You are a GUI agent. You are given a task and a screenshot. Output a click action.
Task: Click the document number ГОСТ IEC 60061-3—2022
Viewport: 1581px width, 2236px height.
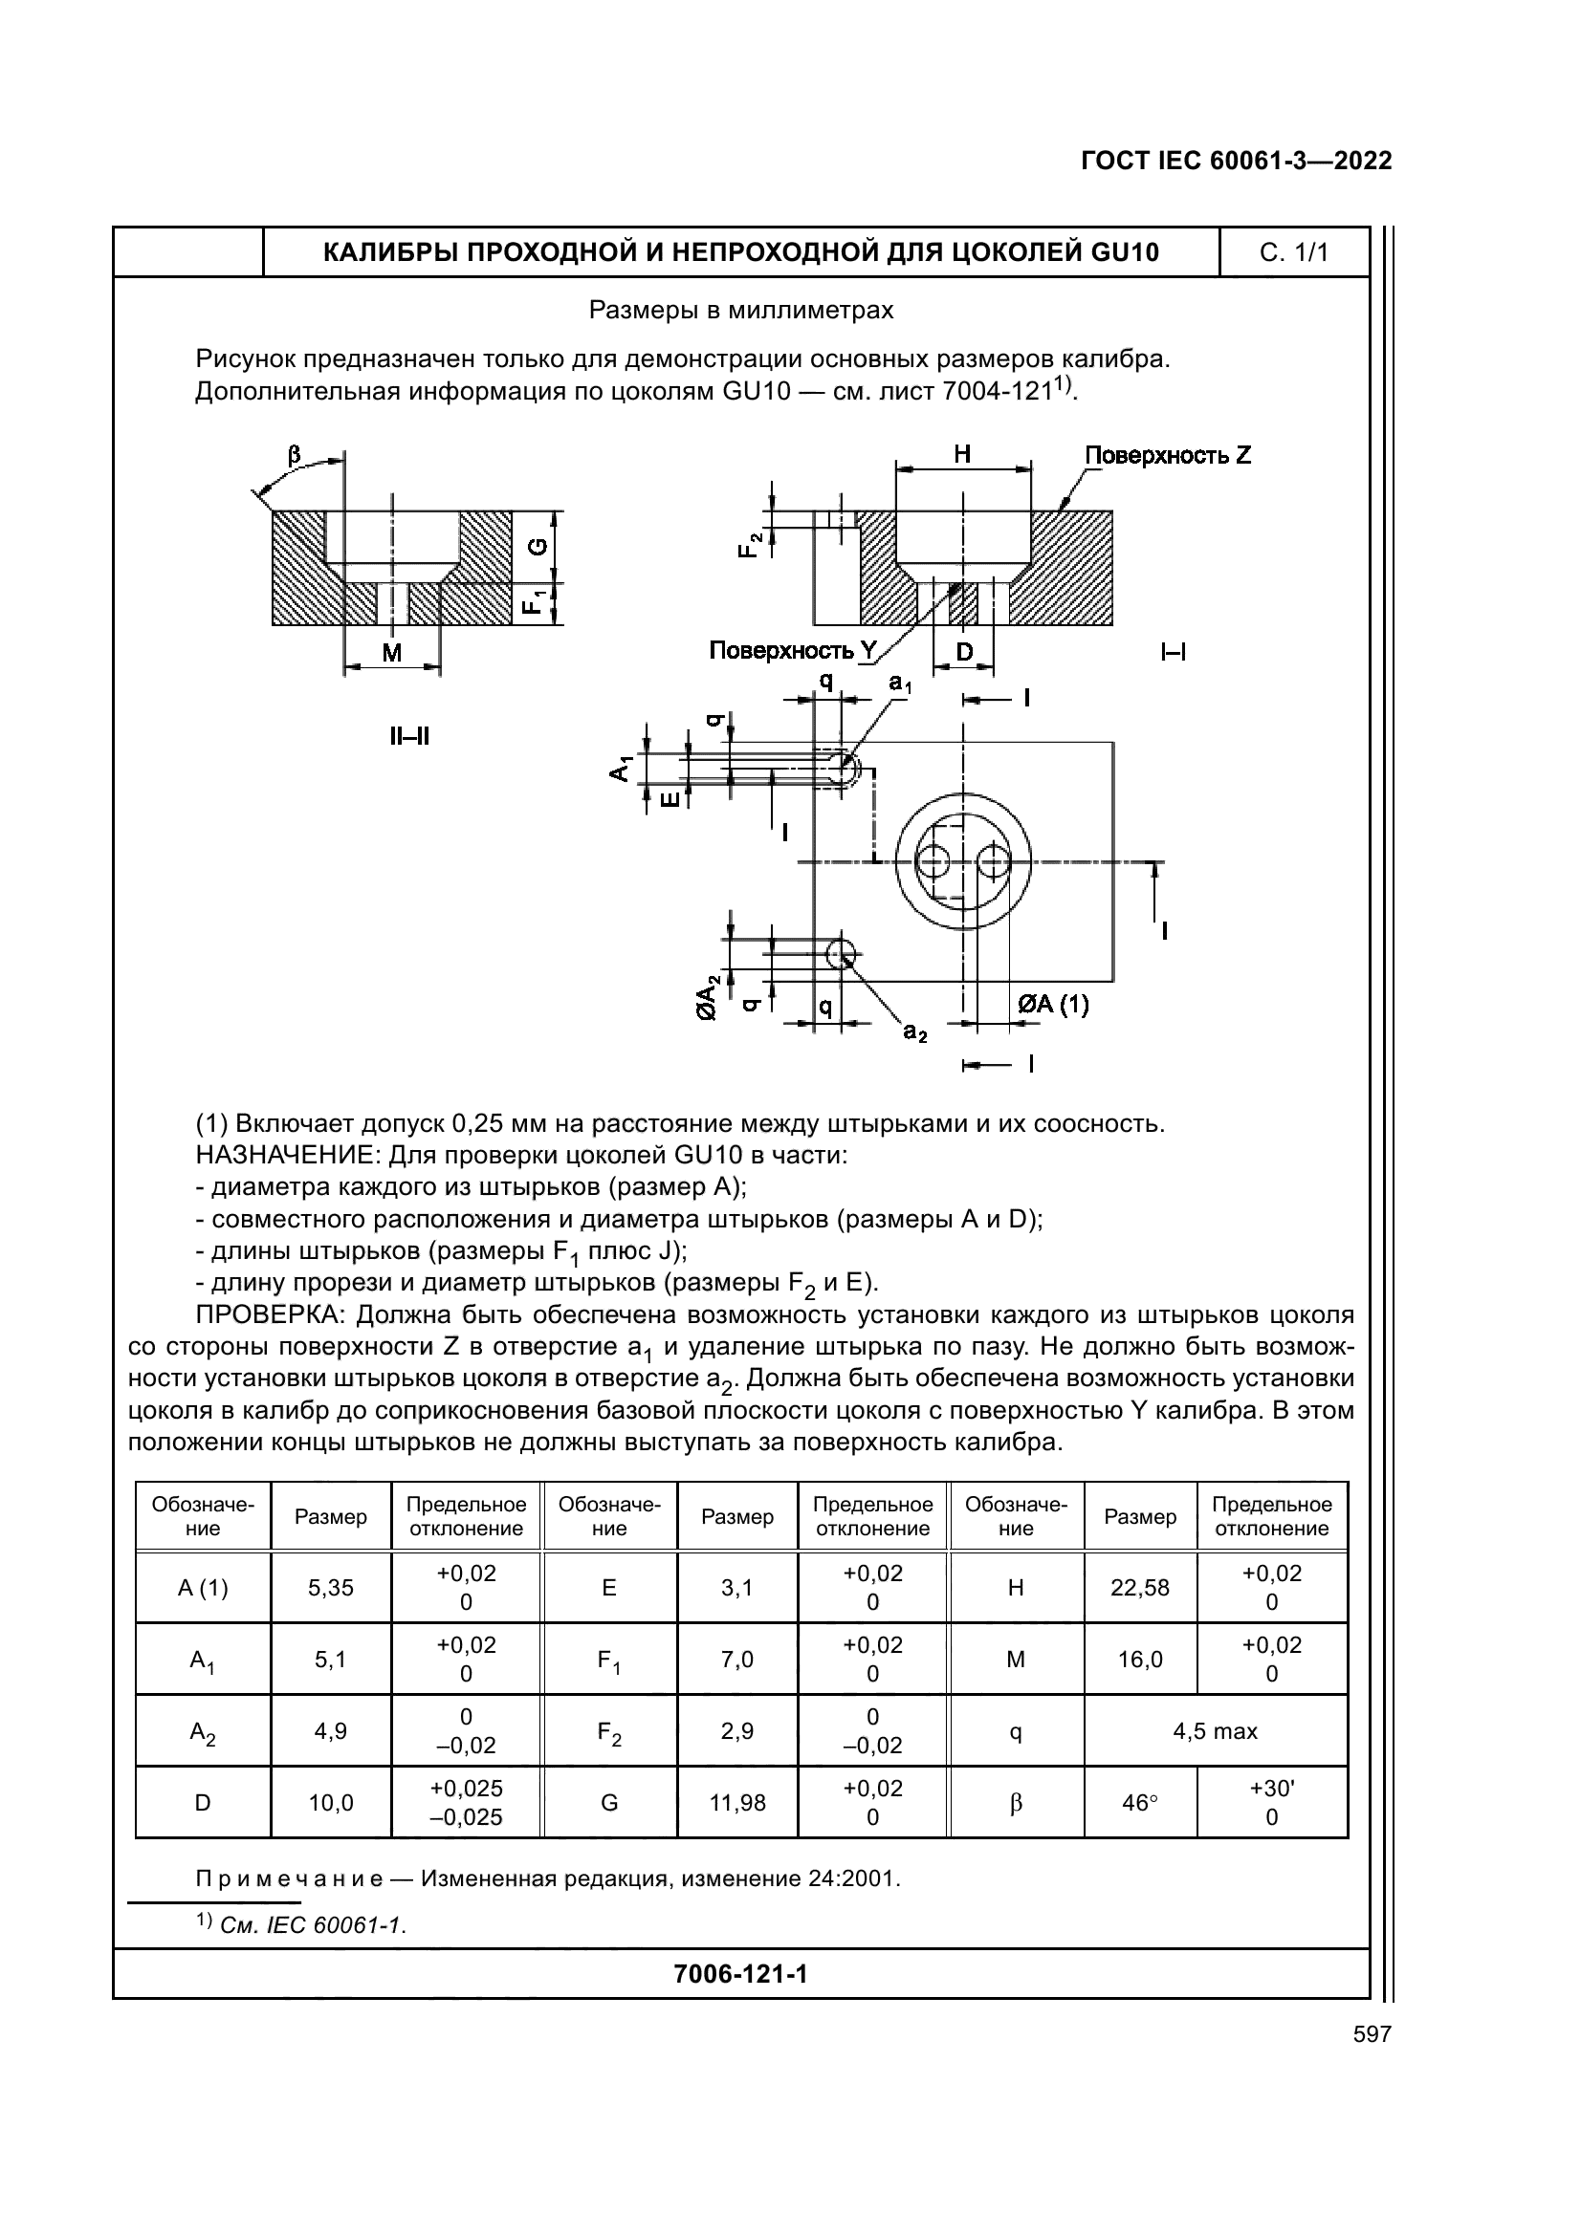click(1235, 161)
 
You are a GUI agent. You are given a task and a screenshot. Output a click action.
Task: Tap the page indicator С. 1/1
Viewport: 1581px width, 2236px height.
click(1294, 252)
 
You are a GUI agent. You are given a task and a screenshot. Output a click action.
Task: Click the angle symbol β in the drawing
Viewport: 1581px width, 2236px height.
click(295, 455)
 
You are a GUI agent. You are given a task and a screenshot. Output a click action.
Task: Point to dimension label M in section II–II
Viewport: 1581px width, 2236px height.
click(391, 653)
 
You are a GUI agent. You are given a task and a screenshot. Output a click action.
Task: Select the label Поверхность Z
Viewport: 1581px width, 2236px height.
click(1167, 455)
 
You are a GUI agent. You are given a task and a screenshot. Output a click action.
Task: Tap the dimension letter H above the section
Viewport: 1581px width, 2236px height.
click(962, 454)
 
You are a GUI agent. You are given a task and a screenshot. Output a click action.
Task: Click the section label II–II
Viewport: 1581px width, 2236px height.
click(409, 736)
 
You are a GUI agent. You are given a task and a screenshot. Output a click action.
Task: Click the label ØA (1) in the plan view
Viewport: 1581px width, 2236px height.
click(1053, 1004)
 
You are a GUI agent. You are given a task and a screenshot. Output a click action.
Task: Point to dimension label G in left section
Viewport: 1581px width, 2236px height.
click(538, 548)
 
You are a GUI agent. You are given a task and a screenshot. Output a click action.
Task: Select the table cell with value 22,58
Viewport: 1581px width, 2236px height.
click(1140, 1588)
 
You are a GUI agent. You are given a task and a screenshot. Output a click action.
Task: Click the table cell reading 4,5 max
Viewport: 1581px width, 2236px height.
click(1215, 1730)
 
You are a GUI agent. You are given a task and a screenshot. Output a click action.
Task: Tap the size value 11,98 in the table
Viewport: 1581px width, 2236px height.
click(737, 1803)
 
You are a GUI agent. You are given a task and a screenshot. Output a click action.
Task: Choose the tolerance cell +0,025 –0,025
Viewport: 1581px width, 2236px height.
click(466, 1803)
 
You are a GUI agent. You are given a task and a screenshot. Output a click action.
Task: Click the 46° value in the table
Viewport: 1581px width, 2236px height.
click(1140, 1803)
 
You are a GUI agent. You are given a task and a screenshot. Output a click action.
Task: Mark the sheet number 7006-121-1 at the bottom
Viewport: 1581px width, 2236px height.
click(740, 1974)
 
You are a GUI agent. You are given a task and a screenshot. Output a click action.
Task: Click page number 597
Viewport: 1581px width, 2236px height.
click(1372, 2033)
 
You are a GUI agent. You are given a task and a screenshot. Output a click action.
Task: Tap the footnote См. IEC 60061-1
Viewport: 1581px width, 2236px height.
click(312, 1925)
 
